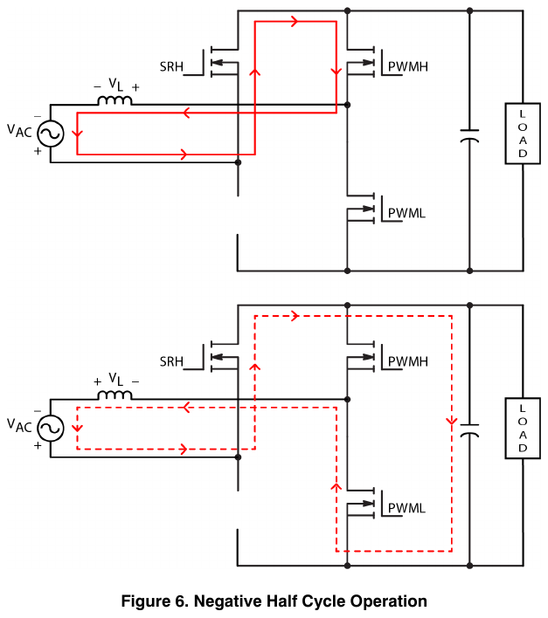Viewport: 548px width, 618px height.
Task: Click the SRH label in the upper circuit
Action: click(171, 66)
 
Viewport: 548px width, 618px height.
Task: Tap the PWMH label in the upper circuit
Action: click(408, 66)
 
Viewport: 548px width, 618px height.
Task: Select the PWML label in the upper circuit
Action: click(406, 213)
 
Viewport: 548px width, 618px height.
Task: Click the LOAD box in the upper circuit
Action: click(523, 134)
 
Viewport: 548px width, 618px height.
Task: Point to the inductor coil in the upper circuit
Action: click(114, 100)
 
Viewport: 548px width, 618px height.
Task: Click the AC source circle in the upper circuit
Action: click(51, 134)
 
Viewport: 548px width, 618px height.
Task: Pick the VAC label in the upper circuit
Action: click(19, 131)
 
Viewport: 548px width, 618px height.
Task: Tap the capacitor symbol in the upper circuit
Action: click(469, 135)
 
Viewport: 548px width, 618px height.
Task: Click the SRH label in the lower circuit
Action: click(171, 361)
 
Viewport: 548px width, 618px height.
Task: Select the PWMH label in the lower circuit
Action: click(408, 361)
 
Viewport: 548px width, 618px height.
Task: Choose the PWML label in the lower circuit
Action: click(406, 508)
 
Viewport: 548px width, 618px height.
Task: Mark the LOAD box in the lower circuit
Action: click(523, 429)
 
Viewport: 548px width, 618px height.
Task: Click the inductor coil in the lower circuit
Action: click(114, 395)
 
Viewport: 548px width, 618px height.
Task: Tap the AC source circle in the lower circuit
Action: click(51, 429)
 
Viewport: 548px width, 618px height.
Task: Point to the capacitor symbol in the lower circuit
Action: click(469, 430)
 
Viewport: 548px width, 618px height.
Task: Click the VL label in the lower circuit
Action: click(116, 380)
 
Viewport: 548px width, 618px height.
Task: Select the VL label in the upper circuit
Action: click(116, 85)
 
